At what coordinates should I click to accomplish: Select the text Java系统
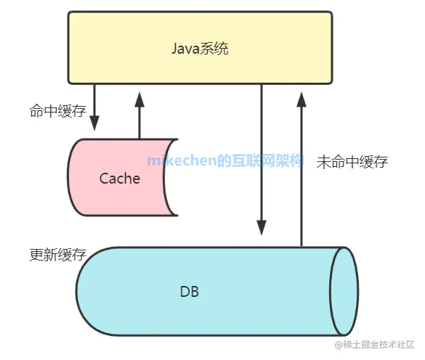(205, 49)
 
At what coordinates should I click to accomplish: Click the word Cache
(120, 179)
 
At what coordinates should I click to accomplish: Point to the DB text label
(189, 292)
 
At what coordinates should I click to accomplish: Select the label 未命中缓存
(352, 162)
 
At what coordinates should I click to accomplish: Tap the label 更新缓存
(57, 255)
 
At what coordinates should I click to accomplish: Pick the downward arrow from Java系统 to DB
(261, 160)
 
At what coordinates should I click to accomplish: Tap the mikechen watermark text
(224, 160)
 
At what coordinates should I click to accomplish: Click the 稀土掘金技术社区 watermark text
(378, 345)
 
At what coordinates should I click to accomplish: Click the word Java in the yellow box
(185, 49)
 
